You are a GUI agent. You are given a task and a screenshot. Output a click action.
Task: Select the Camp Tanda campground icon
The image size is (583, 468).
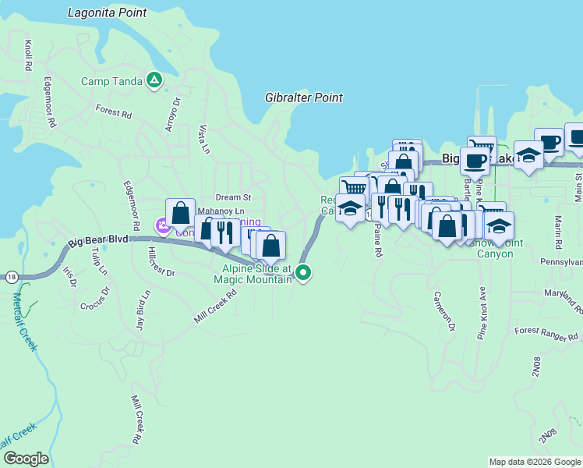[155, 80]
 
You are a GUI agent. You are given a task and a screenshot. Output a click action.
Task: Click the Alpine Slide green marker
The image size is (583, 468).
[304, 272]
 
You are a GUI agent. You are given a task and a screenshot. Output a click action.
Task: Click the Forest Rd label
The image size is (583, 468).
[114, 112]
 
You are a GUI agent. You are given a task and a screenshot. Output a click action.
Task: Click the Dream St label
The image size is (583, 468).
[234, 198]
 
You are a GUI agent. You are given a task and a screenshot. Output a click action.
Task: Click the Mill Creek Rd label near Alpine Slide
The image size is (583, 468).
[214, 307]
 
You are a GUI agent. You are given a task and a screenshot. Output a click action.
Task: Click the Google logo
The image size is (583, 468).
[26, 458]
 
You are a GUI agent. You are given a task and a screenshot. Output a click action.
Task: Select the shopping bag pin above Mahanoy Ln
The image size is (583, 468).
[180, 212]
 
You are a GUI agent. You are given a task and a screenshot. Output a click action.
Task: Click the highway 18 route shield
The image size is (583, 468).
[11, 276]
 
